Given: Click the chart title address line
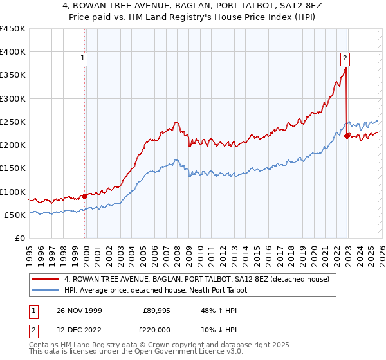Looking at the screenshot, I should tap(193, 6).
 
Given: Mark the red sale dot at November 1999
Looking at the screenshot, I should tap(85, 196).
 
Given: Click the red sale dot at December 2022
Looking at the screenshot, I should tap(347, 136).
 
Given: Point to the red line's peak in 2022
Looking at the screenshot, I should tap(346, 68).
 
